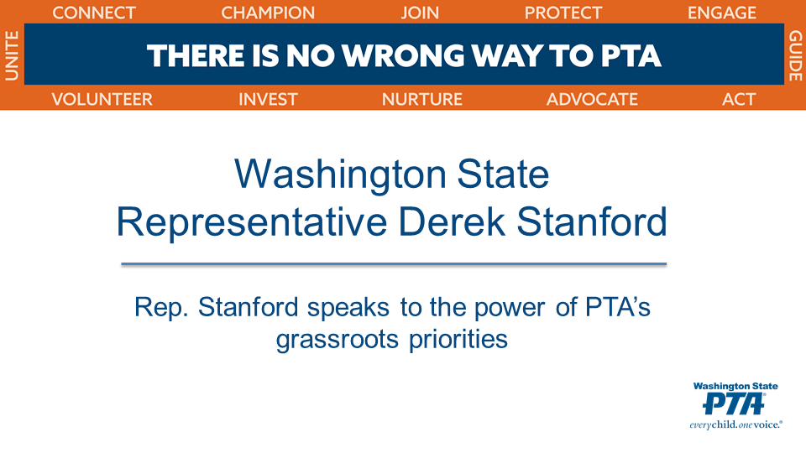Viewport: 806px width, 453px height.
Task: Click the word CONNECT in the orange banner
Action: coord(94,13)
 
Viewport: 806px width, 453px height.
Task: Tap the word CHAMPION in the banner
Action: coord(268,13)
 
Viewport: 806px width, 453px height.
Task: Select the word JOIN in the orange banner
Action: coord(420,13)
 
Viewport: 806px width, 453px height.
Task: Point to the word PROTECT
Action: coord(563,13)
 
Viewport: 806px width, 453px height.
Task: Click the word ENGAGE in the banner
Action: coord(722,13)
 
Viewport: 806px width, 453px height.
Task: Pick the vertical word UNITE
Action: coord(12,55)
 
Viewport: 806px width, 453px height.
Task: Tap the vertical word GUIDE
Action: coord(795,55)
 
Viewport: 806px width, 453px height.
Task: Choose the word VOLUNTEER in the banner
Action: coord(102,99)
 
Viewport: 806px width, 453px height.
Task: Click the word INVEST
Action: coord(268,99)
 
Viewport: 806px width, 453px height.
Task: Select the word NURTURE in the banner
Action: coord(422,99)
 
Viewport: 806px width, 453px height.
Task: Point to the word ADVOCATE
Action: coord(592,99)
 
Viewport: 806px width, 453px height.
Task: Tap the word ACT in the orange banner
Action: coord(739,99)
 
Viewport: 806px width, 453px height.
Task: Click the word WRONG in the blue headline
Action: coord(404,55)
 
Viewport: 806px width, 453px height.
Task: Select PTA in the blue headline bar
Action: coord(631,55)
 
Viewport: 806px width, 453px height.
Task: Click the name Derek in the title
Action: coord(452,221)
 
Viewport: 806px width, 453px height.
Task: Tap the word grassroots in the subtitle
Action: coord(338,340)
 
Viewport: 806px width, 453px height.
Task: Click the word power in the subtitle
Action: coord(509,308)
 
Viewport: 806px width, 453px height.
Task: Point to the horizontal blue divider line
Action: coord(394,264)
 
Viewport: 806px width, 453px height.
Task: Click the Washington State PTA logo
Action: coord(735,406)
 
